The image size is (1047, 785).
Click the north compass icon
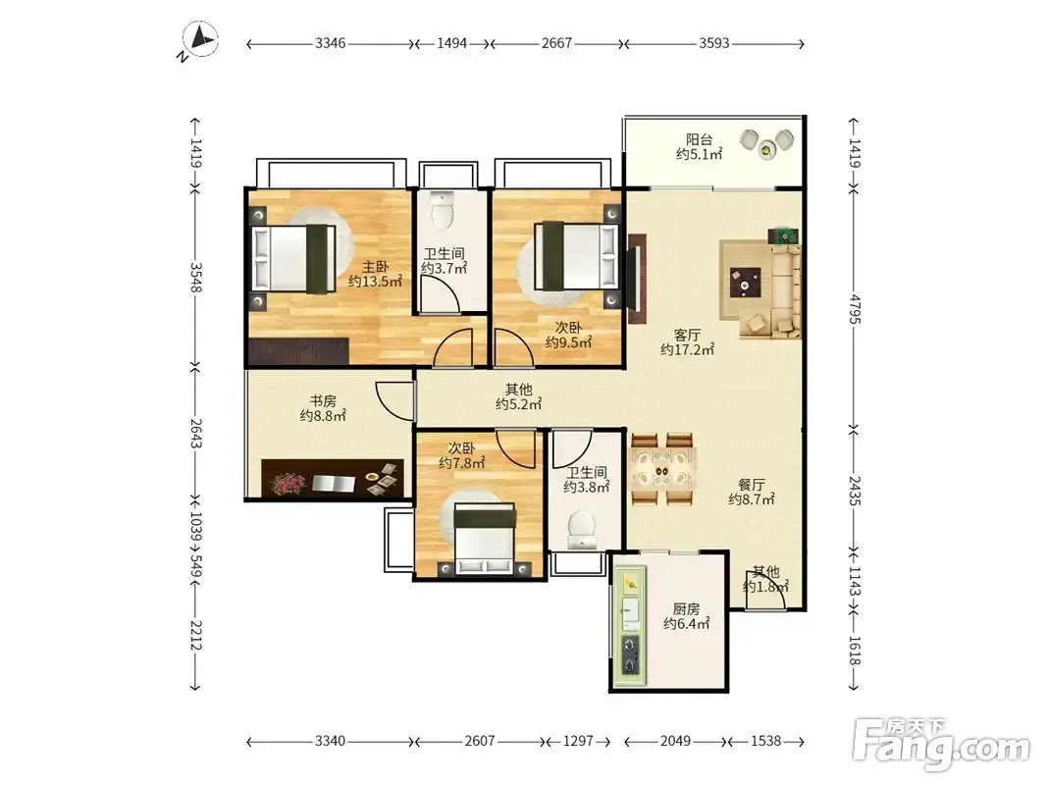point(199,40)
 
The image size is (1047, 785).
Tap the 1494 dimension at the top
point(452,43)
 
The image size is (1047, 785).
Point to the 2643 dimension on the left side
point(195,434)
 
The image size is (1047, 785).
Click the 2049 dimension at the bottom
point(675,741)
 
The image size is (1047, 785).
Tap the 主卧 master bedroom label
point(375,267)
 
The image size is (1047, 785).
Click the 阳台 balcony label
point(699,139)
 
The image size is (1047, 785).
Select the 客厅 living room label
point(687,335)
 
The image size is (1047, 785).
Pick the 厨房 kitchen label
point(687,608)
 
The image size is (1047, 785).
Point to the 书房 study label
point(323,401)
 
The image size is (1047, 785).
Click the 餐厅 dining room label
point(752,485)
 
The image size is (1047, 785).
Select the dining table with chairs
point(663,469)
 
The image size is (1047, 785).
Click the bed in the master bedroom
point(293,258)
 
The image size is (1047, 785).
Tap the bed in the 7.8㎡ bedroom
point(485,539)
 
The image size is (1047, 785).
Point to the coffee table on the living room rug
point(745,282)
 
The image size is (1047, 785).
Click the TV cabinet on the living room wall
point(637,279)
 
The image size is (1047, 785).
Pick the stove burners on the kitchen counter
point(630,654)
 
